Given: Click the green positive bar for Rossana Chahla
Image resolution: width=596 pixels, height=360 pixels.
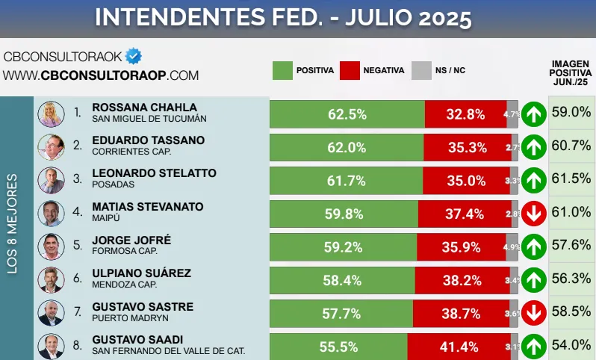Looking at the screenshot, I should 347,114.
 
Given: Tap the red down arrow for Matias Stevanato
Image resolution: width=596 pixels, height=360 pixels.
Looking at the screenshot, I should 533,214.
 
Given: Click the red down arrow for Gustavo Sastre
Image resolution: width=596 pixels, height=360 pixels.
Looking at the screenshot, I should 533,314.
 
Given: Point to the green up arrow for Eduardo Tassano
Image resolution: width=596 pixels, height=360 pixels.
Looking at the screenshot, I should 533,148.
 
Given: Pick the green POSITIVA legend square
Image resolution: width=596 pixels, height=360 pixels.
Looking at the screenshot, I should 282,70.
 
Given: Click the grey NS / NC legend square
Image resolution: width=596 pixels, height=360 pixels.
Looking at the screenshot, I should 422,70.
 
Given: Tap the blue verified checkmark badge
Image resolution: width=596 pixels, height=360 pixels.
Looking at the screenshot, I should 133,56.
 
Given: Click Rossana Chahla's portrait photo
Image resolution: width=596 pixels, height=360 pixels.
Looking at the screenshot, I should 51,114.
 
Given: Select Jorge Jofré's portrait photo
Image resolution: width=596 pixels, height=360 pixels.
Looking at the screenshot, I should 51,246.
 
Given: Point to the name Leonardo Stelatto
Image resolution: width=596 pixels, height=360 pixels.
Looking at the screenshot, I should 154,173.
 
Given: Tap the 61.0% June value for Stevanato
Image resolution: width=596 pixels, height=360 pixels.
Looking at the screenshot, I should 572,213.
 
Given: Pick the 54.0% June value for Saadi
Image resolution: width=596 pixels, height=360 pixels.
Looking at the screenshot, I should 572,345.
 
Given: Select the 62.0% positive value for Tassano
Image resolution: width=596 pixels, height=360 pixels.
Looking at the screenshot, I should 347,148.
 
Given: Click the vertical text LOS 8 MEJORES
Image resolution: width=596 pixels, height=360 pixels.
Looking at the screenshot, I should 13,224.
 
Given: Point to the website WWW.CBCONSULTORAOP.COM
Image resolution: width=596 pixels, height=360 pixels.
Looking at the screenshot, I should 101,75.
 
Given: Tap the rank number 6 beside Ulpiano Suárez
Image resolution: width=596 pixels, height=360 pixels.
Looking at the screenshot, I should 78,279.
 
